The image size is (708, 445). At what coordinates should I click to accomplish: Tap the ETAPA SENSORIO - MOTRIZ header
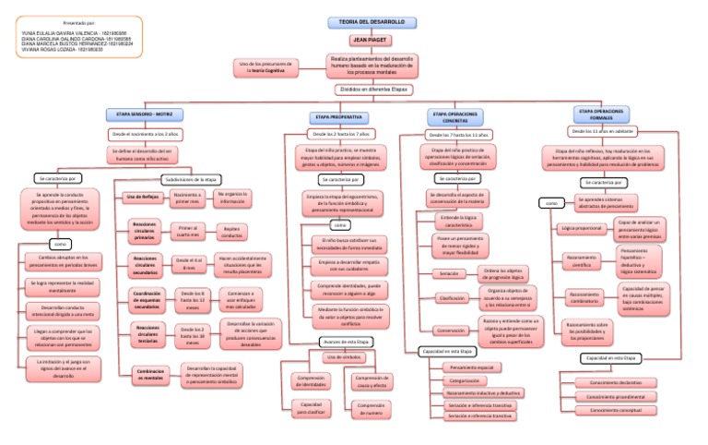click(146, 115)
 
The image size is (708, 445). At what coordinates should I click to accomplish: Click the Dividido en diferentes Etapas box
click(372, 90)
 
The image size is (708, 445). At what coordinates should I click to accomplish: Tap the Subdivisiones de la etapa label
click(191, 178)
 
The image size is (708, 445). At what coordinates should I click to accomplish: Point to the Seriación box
click(449, 273)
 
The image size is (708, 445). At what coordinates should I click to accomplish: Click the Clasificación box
click(452, 299)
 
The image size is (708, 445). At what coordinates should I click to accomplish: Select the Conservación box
click(452, 330)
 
